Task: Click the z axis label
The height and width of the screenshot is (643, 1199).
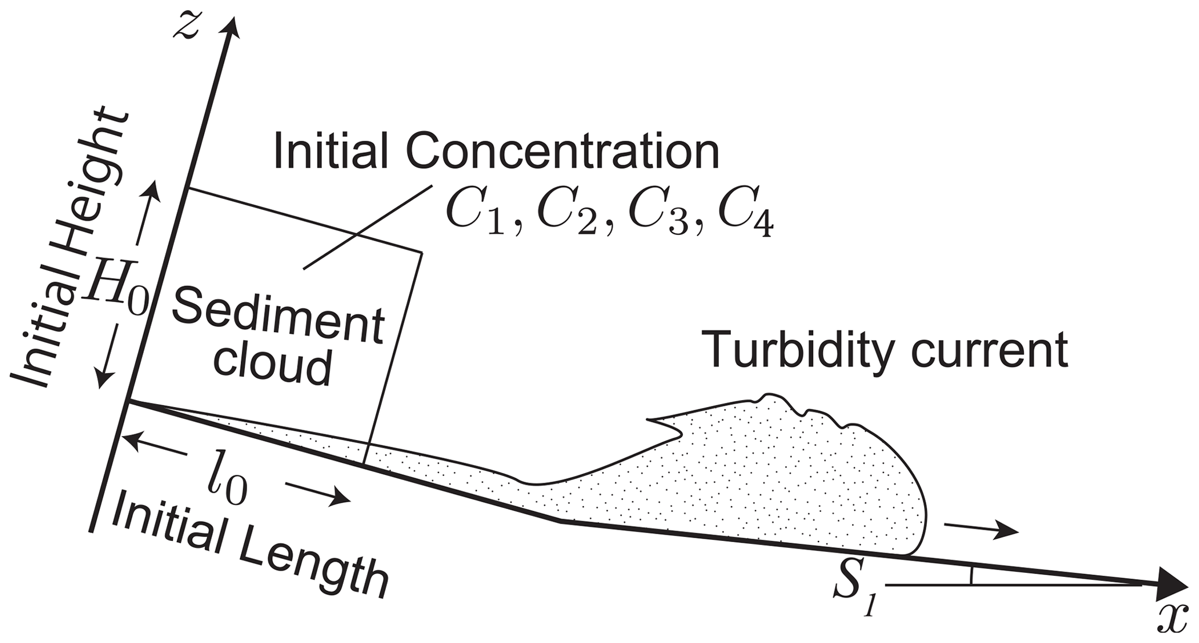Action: point(187,27)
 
